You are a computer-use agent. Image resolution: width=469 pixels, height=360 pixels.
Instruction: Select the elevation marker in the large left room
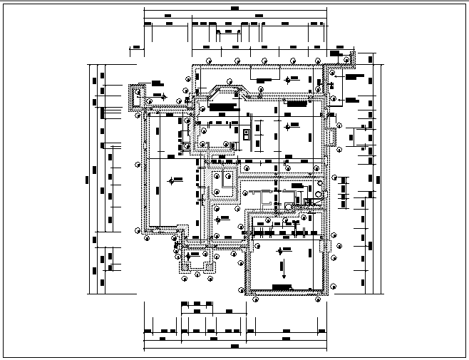[x=170, y=182]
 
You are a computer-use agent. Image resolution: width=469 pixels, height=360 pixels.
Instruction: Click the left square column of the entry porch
[x=187, y=268]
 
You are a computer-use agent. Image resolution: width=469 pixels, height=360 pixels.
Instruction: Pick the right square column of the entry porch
[x=210, y=268]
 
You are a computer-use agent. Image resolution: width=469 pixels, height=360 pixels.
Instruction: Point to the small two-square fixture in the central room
[x=247, y=133]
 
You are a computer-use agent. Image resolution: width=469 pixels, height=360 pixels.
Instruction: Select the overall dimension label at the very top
[x=235, y=8]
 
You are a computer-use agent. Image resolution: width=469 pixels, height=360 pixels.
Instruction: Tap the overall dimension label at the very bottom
[x=235, y=346]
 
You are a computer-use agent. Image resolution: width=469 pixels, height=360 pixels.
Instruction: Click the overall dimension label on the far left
[x=86, y=178]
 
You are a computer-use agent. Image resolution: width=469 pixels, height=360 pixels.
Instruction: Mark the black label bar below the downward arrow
[x=281, y=287]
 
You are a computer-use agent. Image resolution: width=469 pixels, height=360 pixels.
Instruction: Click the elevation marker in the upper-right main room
[x=287, y=127]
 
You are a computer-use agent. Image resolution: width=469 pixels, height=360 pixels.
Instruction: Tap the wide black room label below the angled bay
[x=222, y=106]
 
